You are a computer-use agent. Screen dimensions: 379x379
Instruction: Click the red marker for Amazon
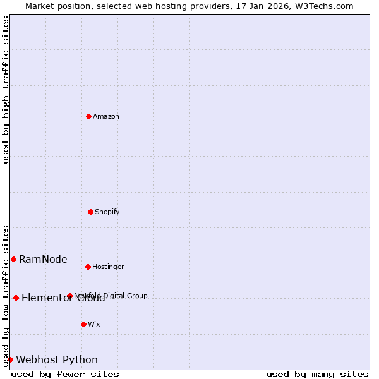(x=88, y=116)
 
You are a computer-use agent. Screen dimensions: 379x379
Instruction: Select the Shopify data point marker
(x=90, y=212)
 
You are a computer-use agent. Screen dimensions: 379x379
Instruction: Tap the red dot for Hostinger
(x=88, y=267)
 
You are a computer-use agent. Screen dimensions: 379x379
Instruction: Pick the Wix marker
(x=83, y=324)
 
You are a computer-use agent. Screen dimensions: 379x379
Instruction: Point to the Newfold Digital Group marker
(x=69, y=296)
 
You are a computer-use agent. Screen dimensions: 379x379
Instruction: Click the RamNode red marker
(x=13, y=259)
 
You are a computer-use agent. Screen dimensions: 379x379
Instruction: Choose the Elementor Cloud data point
(x=16, y=298)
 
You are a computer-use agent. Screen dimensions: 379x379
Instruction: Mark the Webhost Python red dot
(x=10, y=359)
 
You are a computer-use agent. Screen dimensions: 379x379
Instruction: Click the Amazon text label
(x=106, y=116)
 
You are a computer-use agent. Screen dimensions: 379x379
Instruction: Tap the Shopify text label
(x=107, y=212)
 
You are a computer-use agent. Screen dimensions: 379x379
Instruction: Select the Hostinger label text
(x=108, y=267)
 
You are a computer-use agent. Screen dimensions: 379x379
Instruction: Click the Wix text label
(x=94, y=324)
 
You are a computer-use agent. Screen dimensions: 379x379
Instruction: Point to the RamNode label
(x=43, y=259)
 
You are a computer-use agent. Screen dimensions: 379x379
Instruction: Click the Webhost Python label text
(x=57, y=359)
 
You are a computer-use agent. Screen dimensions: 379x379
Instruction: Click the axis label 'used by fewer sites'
(x=65, y=374)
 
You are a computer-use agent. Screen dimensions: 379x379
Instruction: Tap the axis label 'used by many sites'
(x=317, y=374)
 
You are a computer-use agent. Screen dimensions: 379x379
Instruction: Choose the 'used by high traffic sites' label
(x=6, y=90)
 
